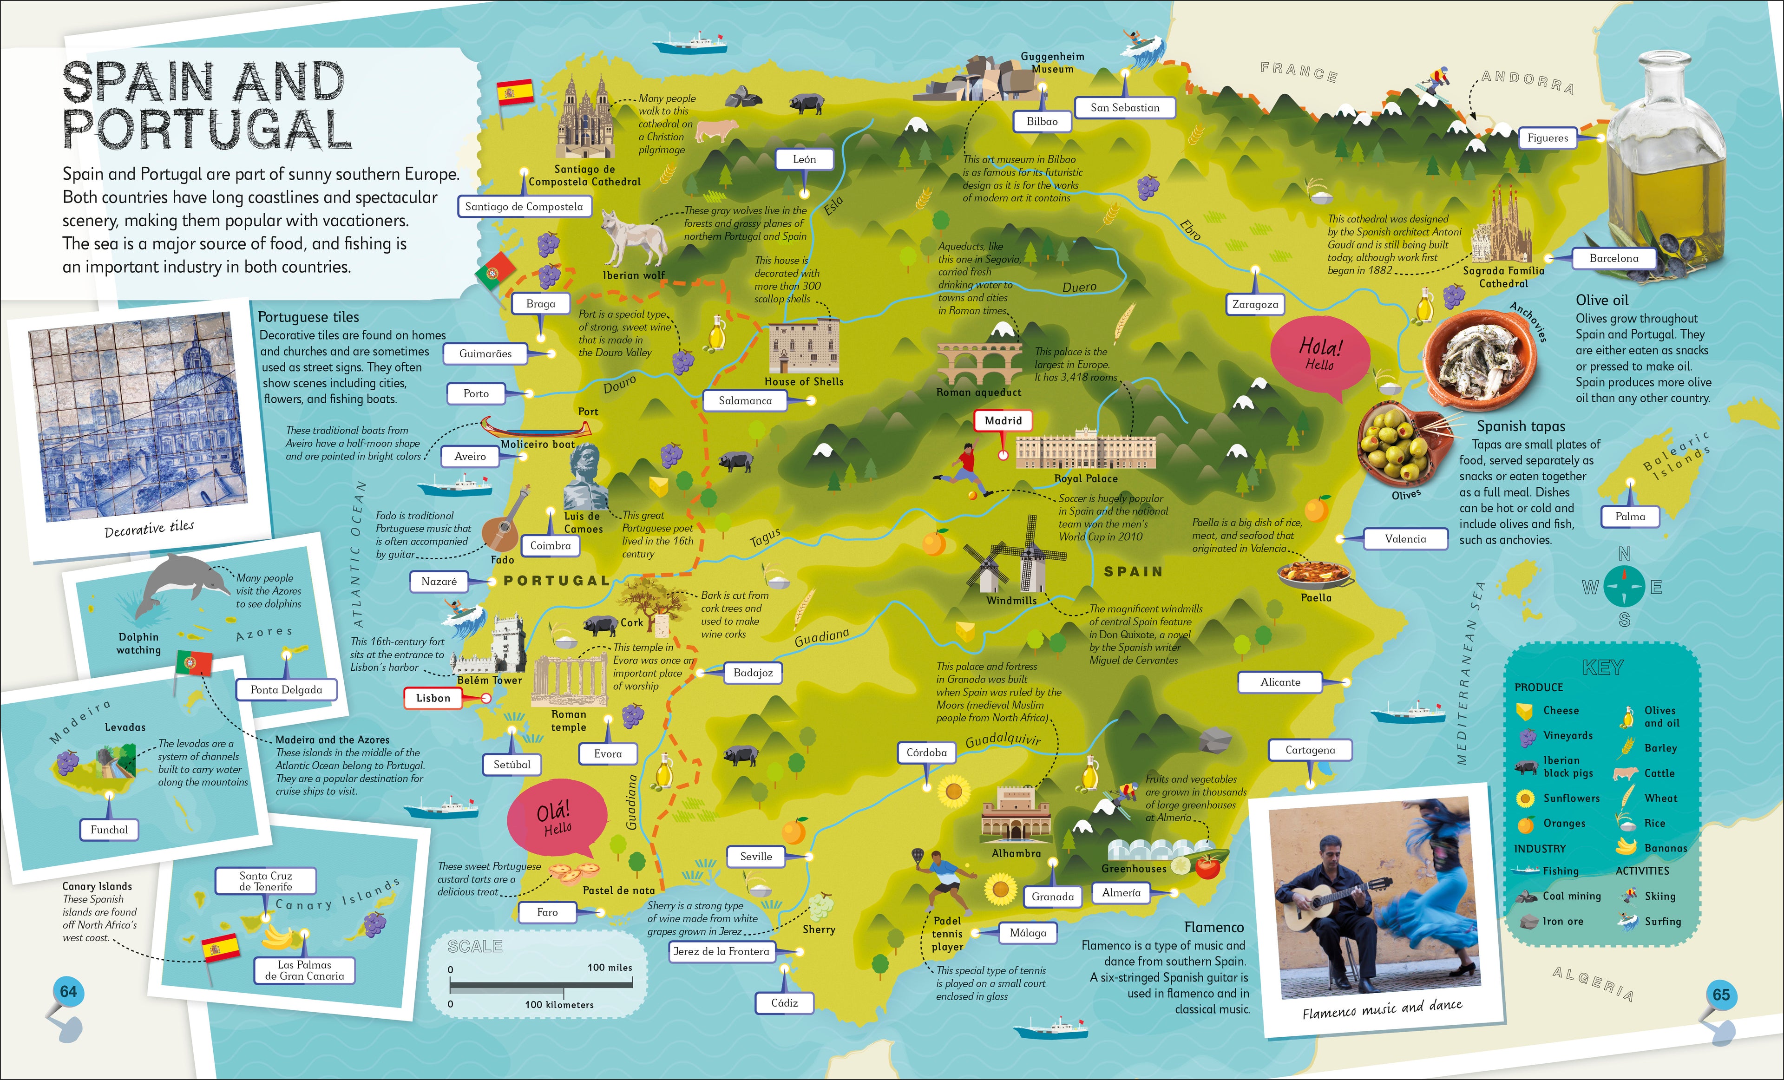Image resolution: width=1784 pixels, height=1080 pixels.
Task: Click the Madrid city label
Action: click(1003, 420)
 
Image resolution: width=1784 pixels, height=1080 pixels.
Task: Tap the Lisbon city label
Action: click(433, 698)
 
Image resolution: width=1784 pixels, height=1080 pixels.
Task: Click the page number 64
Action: click(68, 992)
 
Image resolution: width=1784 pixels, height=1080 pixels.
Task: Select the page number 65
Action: click(1721, 995)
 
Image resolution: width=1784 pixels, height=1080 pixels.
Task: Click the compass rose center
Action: click(1624, 587)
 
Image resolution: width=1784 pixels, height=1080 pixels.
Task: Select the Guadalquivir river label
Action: click(1002, 740)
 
